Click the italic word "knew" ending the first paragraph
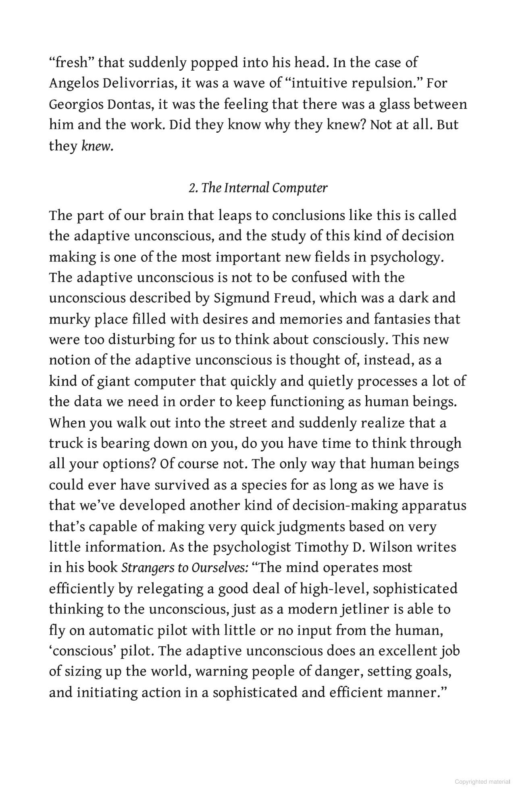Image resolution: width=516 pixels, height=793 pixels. pos(96,146)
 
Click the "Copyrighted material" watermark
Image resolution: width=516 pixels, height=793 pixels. pos(483,782)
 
